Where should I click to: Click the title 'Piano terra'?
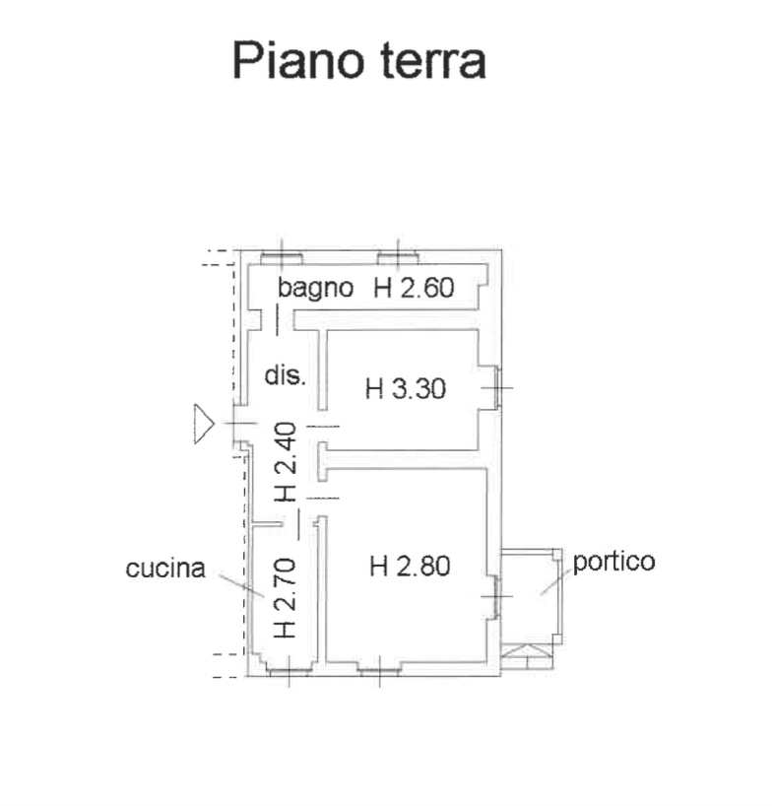[x=359, y=60]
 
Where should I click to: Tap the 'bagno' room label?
[x=315, y=289]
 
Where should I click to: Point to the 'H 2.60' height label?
[x=414, y=288]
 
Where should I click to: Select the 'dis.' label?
[x=286, y=375]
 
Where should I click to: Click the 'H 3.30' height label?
[x=406, y=388]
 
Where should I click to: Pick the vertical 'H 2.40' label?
[x=286, y=461]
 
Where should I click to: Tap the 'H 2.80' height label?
[x=410, y=566]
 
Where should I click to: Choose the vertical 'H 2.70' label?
[x=286, y=598]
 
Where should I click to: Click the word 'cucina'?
[x=165, y=568]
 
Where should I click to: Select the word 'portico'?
[x=613, y=563]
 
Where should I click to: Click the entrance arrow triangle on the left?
[x=204, y=424]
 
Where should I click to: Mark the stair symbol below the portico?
[x=527, y=656]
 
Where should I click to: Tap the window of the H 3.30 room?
[x=496, y=387]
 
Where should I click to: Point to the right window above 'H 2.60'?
[x=398, y=258]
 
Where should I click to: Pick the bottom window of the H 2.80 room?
[x=379, y=670]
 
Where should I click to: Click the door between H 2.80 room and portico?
[x=496, y=596]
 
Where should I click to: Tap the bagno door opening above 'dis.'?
[x=278, y=320]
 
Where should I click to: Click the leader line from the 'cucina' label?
[x=241, y=586]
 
